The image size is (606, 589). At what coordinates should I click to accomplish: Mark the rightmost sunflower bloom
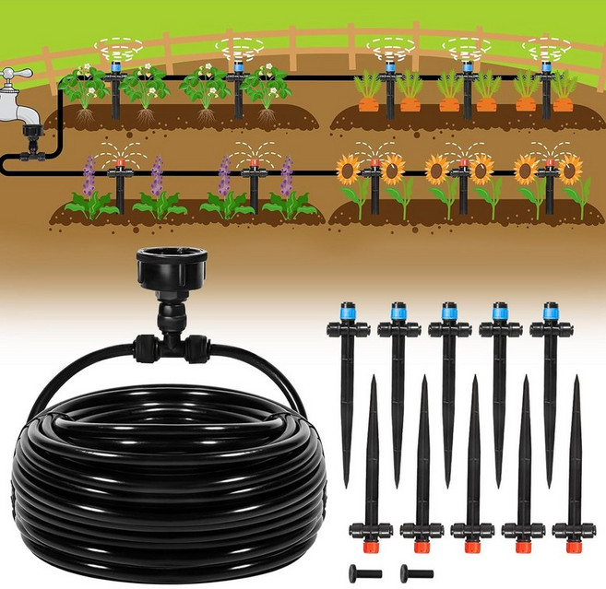pos(571,168)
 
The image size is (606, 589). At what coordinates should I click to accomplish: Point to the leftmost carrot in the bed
pos(366,102)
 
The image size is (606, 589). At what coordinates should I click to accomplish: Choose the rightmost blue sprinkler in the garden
pos(548,66)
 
